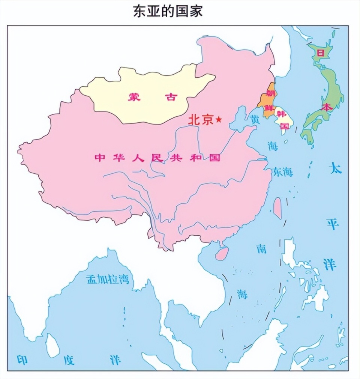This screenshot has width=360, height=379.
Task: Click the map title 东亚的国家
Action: tap(168, 11)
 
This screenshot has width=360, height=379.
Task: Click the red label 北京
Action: tap(200, 120)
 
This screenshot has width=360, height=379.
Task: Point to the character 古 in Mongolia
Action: tap(171, 97)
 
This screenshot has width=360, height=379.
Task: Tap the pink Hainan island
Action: tap(222, 254)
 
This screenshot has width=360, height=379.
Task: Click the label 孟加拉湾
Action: tap(108, 279)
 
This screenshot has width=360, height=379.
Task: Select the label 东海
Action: tap(283, 172)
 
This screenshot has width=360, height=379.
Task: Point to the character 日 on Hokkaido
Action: tap(320, 53)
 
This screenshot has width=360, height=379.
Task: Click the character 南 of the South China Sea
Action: tap(261, 248)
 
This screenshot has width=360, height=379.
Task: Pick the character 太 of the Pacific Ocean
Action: tap(335, 168)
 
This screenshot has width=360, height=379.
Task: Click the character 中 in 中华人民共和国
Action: tap(99, 158)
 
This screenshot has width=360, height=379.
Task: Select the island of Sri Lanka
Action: tap(52, 346)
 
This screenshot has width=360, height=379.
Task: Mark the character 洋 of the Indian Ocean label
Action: tap(115, 360)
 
